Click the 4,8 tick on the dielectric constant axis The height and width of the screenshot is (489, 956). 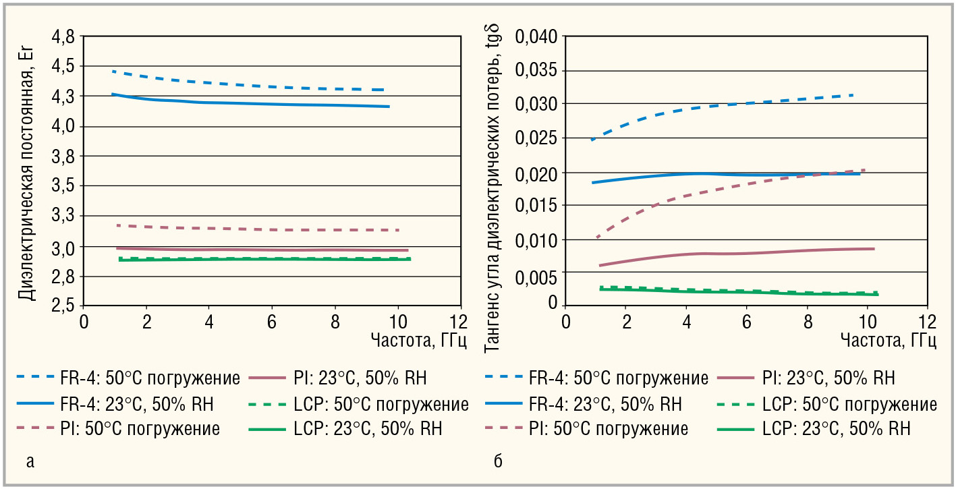pyautogui.click(x=64, y=36)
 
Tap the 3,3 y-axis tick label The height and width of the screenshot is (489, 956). pyautogui.click(x=64, y=217)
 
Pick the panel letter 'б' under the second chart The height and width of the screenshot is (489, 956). pyautogui.click(x=498, y=462)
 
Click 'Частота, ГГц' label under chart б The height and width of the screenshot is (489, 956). pyautogui.click(x=888, y=340)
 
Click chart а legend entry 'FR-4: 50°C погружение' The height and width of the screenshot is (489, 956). pyautogui.click(x=149, y=378)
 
